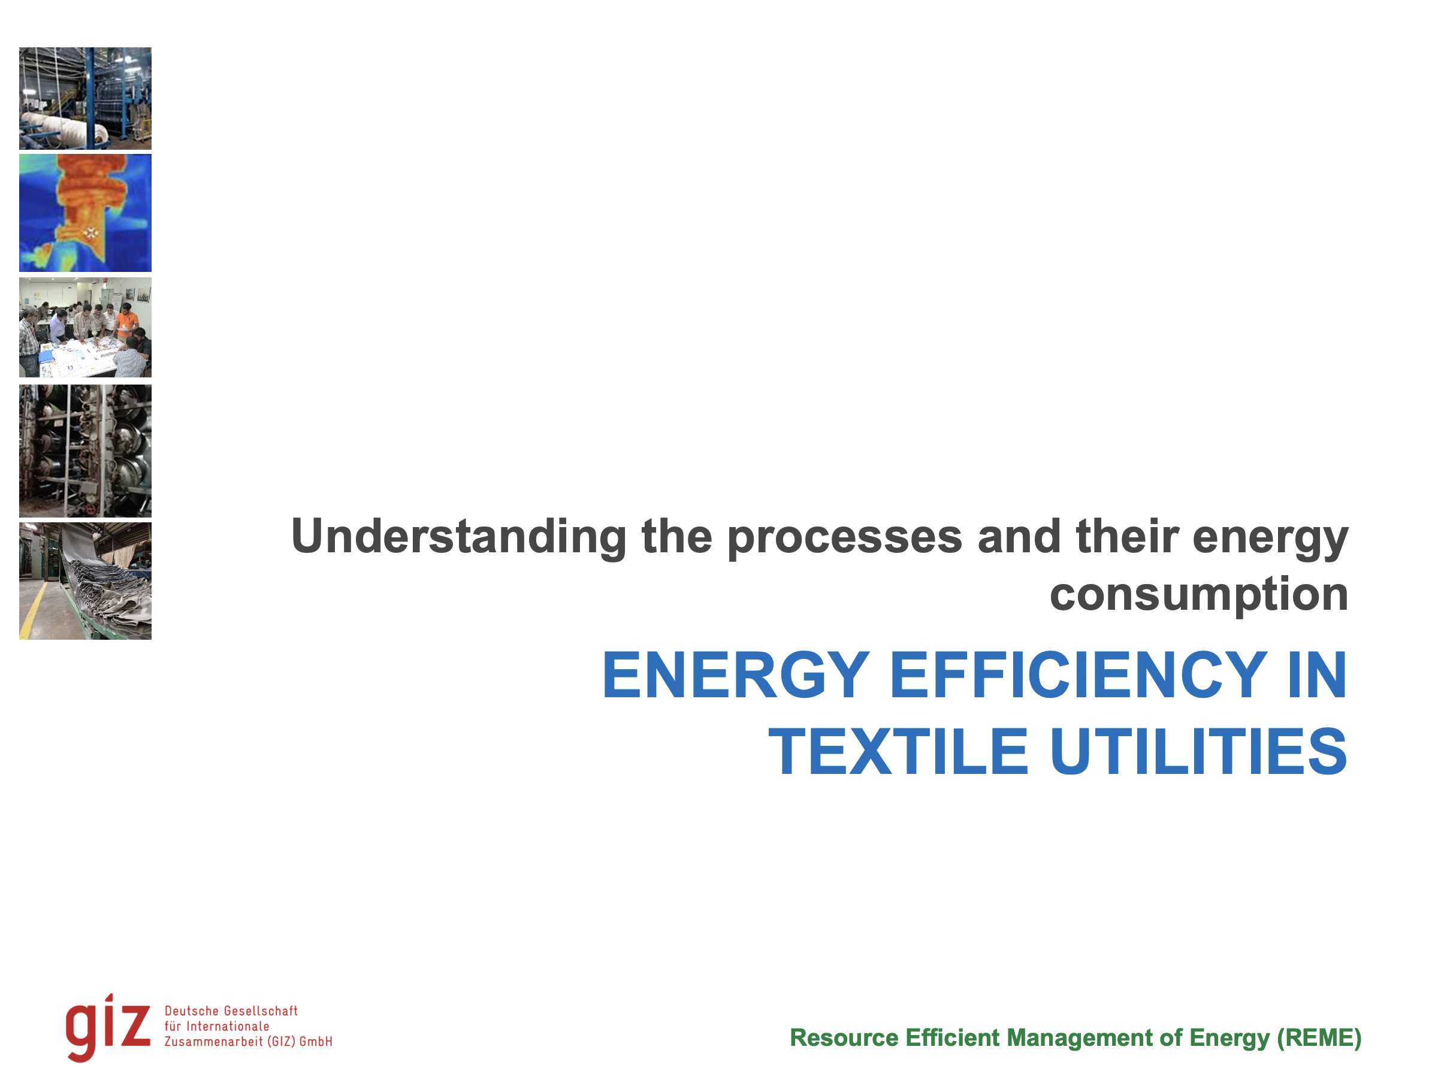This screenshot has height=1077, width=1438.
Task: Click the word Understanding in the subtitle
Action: (458, 537)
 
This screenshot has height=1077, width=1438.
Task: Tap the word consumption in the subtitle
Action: (1198, 594)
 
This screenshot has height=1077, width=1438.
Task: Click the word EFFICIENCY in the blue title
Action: (1078, 676)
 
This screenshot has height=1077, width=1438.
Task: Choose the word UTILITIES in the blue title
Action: (1198, 753)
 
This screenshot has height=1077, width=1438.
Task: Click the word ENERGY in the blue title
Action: (735, 676)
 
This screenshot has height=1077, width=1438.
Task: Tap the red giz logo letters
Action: (108, 1027)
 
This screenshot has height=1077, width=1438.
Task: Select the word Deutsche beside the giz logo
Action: (192, 1011)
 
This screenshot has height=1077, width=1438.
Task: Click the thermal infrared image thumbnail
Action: (85, 213)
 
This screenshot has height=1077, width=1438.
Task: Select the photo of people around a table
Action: (85, 327)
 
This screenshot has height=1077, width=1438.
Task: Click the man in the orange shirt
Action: (127, 322)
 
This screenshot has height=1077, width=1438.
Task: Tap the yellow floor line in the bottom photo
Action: (32, 608)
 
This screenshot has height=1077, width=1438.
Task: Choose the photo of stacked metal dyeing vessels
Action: (85, 450)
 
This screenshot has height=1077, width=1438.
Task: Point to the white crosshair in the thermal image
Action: (90, 231)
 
